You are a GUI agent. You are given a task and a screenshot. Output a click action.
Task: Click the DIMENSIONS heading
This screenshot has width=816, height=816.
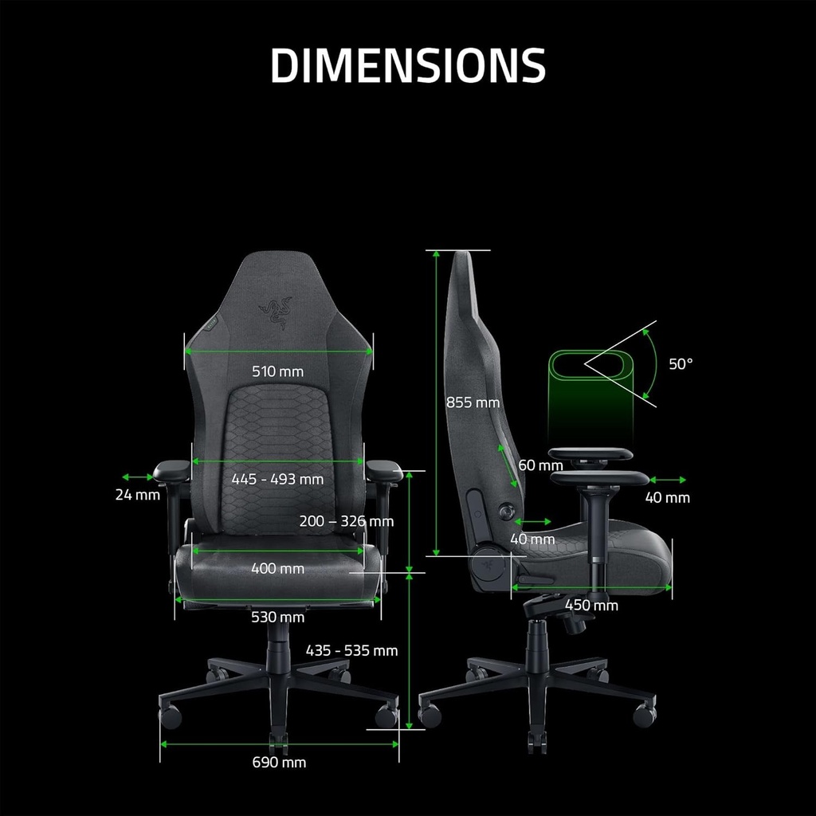(x=408, y=65)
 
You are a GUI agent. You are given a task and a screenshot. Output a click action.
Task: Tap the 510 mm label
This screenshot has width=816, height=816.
(x=277, y=371)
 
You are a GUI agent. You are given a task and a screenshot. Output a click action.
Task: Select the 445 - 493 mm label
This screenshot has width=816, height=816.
(x=277, y=479)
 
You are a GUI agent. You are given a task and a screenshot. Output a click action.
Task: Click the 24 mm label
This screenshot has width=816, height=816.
(x=137, y=494)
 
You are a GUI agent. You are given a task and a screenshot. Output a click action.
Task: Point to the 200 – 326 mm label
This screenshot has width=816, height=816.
(x=346, y=521)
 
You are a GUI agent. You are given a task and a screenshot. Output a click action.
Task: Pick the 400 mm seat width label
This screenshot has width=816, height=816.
(x=277, y=568)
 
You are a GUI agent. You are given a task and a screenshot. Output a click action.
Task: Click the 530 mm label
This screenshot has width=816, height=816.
(x=277, y=617)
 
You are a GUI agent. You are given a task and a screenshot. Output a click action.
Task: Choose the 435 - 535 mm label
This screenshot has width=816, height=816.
(x=351, y=650)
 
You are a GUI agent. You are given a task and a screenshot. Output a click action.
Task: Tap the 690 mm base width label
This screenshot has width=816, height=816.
(x=279, y=762)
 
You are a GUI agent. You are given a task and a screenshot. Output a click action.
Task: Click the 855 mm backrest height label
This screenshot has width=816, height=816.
(x=473, y=402)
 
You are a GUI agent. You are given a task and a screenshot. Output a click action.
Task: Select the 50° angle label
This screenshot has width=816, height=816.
(x=681, y=363)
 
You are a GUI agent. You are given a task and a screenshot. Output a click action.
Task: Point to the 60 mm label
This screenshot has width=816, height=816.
(x=540, y=465)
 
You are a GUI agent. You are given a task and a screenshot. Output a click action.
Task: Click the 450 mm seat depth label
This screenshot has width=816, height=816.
(x=591, y=605)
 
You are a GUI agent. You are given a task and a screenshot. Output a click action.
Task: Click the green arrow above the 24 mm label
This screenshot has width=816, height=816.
(x=137, y=477)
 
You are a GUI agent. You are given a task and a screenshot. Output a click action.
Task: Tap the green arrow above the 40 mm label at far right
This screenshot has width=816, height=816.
(x=668, y=480)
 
